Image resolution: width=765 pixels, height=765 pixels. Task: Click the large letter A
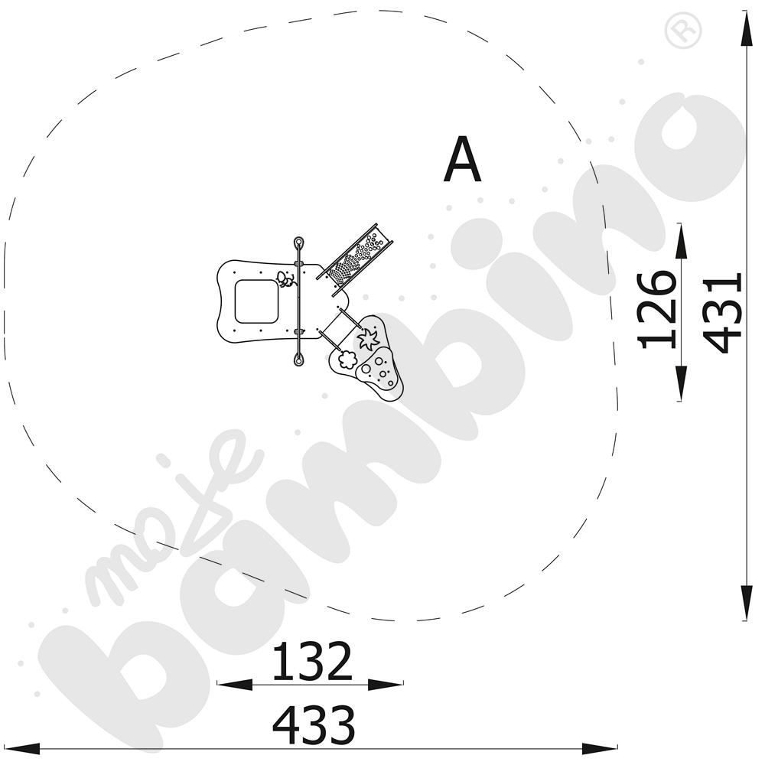pyautogui.click(x=462, y=160)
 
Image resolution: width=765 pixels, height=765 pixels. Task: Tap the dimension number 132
pyautogui.click(x=312, y=662)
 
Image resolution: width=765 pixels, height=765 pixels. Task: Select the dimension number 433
pyautogui.click(x=314, y=725)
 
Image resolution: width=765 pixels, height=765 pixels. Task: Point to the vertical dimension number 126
pyautogui.click(x=656, y=311)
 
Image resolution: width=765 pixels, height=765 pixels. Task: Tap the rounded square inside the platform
pyautogui.click(x=256, y=301)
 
